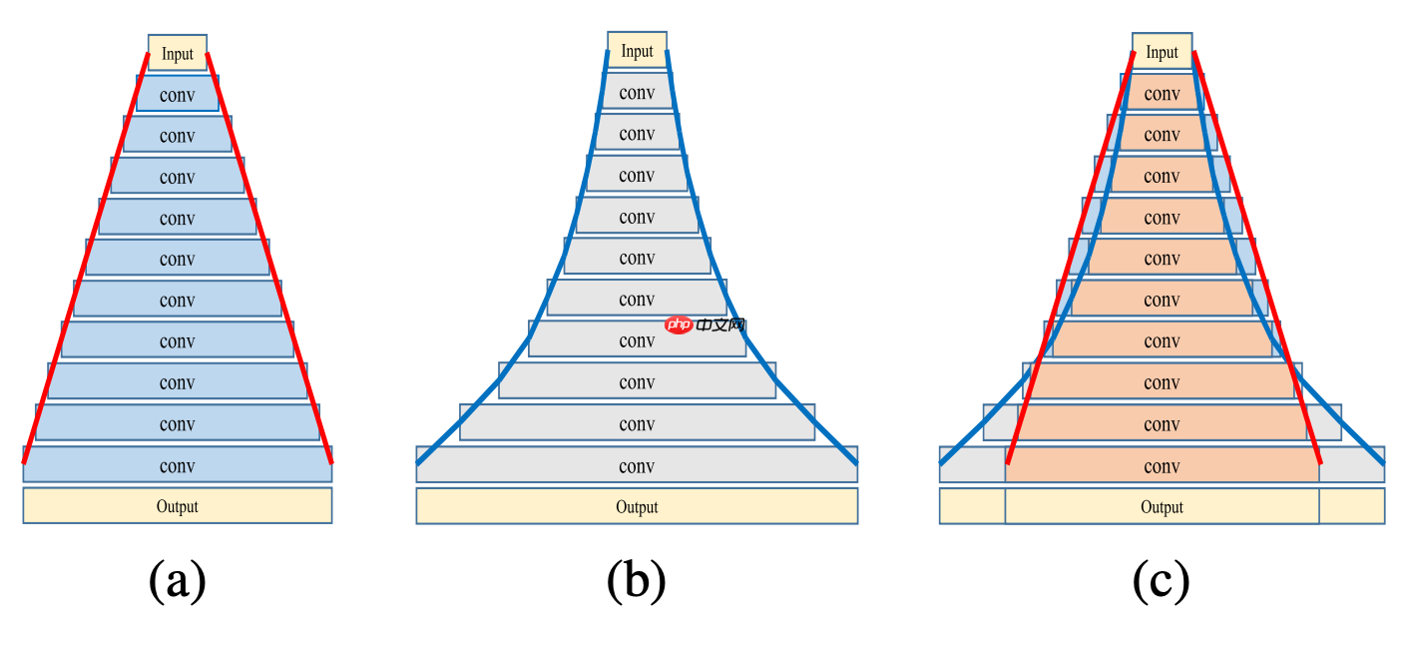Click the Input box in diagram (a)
(x=178, y=53)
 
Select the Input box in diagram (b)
(x=637, y=50)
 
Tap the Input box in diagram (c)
(x=1162, y=51)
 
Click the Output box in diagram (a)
(x=178, y=506)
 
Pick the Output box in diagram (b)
(x=637, y=506)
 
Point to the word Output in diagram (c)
(x=1162, y=507)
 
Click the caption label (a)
(x=178, y=580)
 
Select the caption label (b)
(x=637, y=580)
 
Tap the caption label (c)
(x=1162, y=580)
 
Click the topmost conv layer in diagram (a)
(x=178, y=94)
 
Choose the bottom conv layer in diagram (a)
(x=178, y=465)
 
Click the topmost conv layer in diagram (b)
(x=637, y=92)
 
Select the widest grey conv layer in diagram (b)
(x=637, y=465)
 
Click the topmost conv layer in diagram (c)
(x=1162, y=93)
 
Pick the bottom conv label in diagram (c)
(x=1162, y=466)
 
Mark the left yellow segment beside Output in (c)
(x=972, y=506)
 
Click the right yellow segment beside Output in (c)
(x=1351, y=506)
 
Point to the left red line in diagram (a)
(x=86, y=258)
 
